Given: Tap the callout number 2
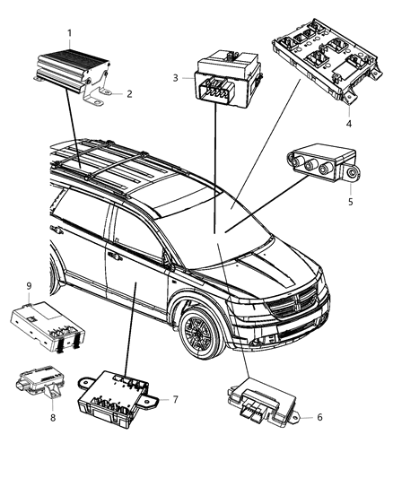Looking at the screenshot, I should [129, 93].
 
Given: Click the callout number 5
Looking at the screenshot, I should [350, 202].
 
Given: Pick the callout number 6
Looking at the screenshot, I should [318, 418].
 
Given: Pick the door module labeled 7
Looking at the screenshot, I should [117, 394].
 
